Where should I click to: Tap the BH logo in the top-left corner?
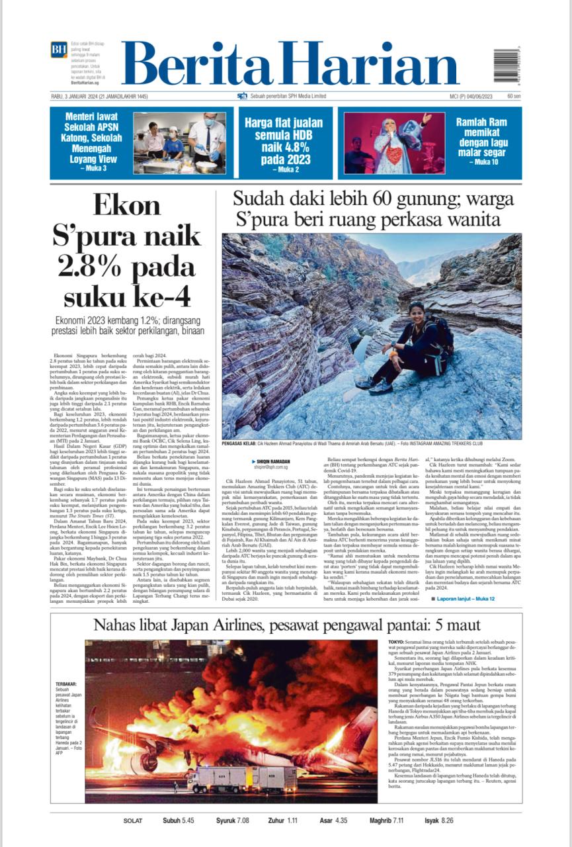point(59,49)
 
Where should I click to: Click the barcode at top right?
point(507,64)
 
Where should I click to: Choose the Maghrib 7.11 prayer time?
point(386,821)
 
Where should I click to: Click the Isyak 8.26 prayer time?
point(438,821)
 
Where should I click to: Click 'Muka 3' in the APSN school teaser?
point(93,168)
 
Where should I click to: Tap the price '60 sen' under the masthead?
point(513,96)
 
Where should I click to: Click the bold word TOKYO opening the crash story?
point(395,642)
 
